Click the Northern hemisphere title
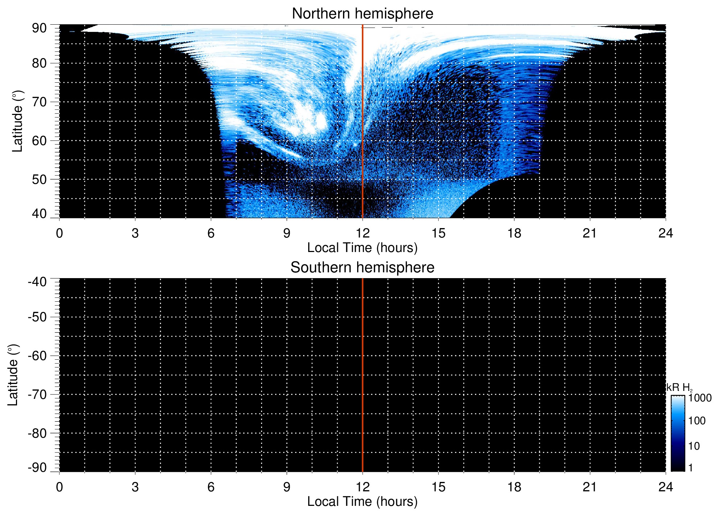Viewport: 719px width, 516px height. (x=362, y=14)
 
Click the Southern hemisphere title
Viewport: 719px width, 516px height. (x=362, y=268)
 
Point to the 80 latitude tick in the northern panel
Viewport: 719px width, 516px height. (x=39, y=63)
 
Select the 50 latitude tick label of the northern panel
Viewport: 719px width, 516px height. (x=39, y=179)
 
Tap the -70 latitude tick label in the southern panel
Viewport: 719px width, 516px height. (x=37, y=395)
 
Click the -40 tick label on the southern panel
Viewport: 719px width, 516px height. (x=37, y=282)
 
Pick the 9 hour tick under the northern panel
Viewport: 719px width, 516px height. (x=287, y=233)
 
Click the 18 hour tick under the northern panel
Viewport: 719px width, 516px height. (x=514, y=233)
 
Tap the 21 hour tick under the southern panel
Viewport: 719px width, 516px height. (x=590, y=487)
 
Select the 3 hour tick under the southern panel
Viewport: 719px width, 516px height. (x=135, y=487)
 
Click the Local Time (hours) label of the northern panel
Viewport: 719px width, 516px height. (x=362, y=248)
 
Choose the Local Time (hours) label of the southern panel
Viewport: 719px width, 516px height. (x=362, y=501)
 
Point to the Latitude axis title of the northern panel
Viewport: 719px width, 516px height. (x=17, y=121)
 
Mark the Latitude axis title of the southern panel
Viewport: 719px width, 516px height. (x=13, y=375)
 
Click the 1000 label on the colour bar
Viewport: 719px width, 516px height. (x=700, y=398)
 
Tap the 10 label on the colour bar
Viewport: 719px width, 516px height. (x=694, y=446)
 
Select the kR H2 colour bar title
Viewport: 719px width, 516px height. (x=679, y=388)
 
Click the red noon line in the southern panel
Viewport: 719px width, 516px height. (x=363, y=375)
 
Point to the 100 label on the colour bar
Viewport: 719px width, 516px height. (x=697, y=421)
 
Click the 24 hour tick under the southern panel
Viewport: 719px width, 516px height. (x=665, y=487)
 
